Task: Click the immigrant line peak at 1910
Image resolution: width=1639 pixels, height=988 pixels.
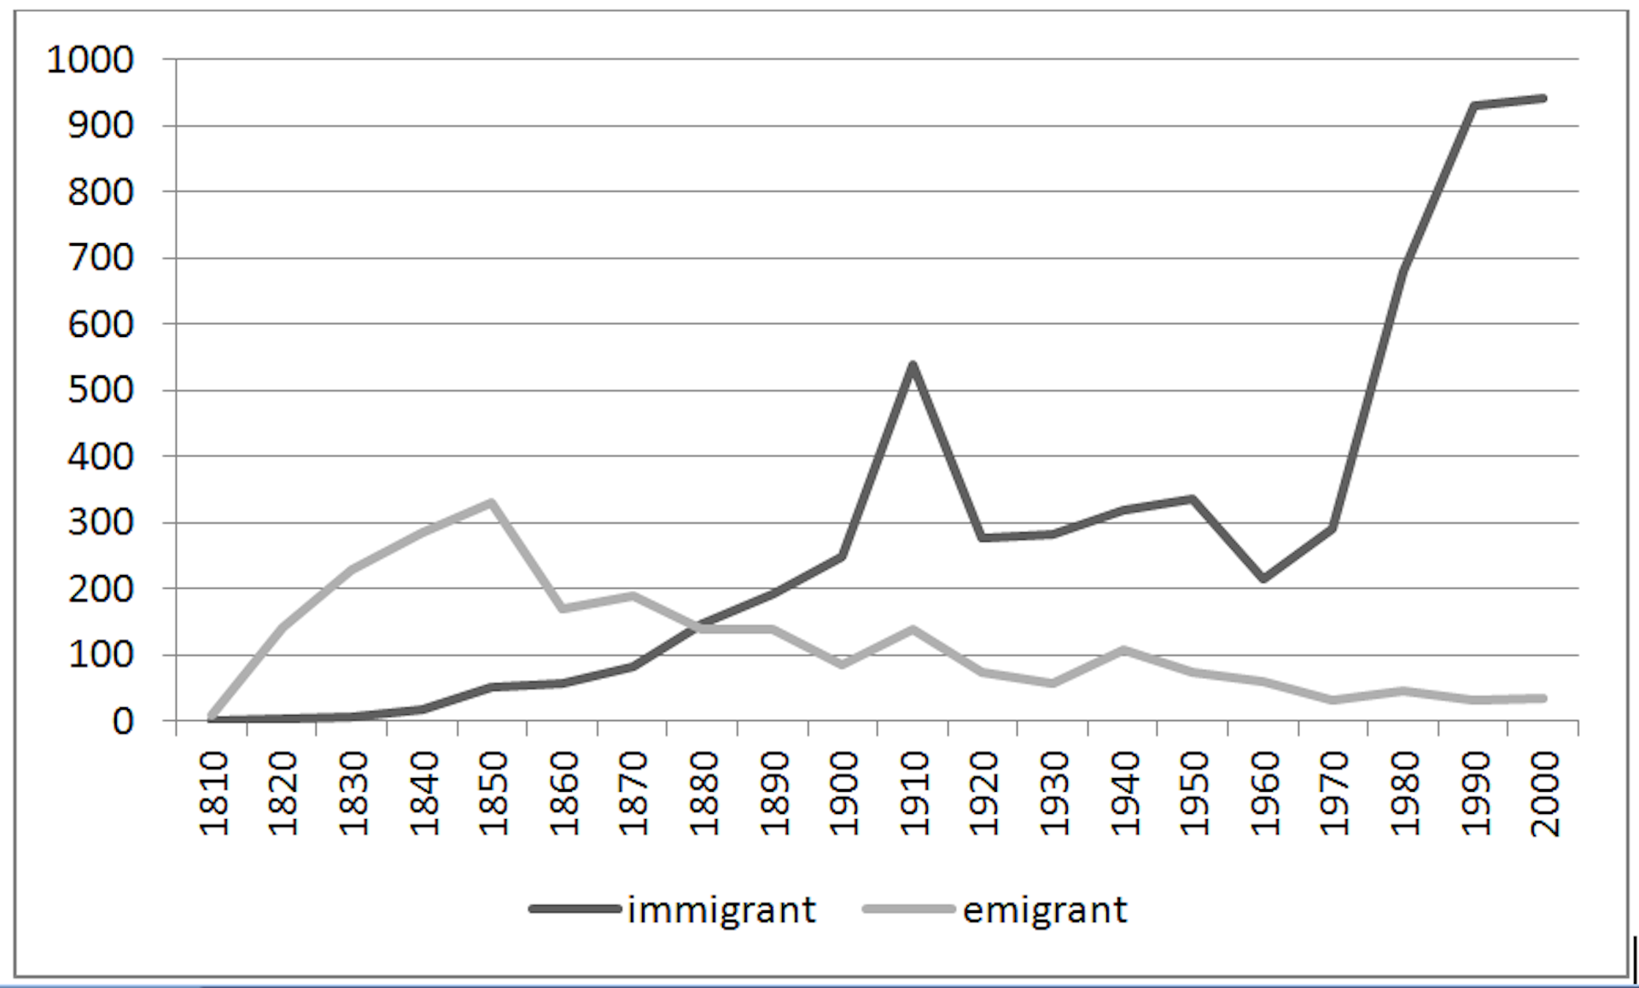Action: tap(913, 365)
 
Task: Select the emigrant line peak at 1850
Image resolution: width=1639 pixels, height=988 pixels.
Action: tap(492, 502)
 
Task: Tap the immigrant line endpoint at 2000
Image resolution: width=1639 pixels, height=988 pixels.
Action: tap(1543, 99)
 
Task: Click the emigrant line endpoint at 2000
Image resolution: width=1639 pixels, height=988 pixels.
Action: tap(1543, 699)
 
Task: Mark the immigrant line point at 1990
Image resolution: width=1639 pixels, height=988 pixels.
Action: tap(1473, 106)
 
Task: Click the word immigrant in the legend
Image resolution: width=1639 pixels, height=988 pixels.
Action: tap(721, 910)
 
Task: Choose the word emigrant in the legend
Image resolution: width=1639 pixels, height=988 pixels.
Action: tap(1045, 910)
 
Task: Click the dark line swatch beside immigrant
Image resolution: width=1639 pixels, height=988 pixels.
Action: tap(575, 910)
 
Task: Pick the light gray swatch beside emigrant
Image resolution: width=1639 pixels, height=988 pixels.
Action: tap(908, 910)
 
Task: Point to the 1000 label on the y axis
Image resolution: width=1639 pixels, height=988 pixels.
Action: tap(90, 60)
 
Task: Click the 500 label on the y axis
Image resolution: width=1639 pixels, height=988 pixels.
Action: tap(101, 391)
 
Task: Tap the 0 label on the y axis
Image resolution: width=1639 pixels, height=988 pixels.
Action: tap(123, 722)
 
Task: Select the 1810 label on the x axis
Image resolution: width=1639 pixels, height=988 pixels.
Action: tap(213, 793)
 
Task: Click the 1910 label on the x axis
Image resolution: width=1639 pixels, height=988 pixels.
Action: tap(914, 793)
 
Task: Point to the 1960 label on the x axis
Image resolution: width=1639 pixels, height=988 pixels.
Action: tap(1264, 793)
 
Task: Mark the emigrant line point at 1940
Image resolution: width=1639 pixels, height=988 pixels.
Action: tap(1123, 650)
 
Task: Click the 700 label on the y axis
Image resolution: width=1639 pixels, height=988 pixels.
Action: tap(101, 258)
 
